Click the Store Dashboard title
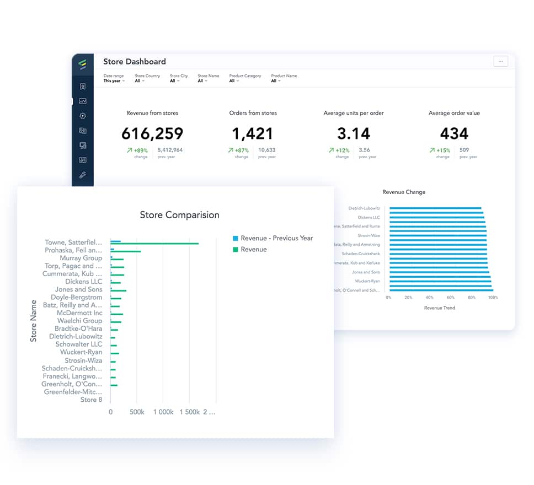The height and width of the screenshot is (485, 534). (134, 62)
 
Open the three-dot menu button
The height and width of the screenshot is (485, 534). (500, 62)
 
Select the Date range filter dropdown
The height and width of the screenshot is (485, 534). (114, 78)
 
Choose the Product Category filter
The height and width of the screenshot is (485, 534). (245, 78)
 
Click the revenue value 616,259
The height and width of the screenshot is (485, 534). (152, 133)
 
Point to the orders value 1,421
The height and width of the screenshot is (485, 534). (253, 133)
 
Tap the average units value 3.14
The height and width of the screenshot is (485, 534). (353, 133)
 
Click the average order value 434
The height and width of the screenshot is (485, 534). (454, 133)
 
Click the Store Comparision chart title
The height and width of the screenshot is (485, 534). (179, 215)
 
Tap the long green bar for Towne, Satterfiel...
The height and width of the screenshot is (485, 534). (154, 244)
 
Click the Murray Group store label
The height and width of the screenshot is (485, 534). (81, 258)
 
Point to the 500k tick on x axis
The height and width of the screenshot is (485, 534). (137, 412)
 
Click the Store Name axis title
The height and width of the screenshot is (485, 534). (34, 321)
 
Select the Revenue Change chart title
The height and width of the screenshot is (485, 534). (404, 192)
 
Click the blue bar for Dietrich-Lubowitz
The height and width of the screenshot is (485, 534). (435, 208)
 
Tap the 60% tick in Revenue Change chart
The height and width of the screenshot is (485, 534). (451, 298)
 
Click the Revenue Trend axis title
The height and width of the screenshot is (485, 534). (440, 308)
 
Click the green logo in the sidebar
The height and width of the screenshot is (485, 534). (83, 65)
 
